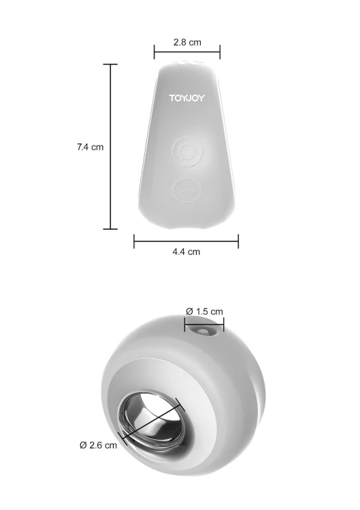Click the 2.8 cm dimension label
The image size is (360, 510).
pos(187,42)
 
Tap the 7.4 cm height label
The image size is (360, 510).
pos(90,147)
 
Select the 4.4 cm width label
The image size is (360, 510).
pos(186,252)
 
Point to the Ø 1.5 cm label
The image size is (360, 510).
pos(204,311)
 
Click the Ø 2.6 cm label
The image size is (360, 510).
pos(98,445)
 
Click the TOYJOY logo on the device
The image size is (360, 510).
pos(187,98)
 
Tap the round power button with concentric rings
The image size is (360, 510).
pos(187,151)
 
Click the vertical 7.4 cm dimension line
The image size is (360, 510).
pos(111,147)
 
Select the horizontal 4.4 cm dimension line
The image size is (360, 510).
pos(186,241)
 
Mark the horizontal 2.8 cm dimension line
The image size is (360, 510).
pos(187,52)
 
